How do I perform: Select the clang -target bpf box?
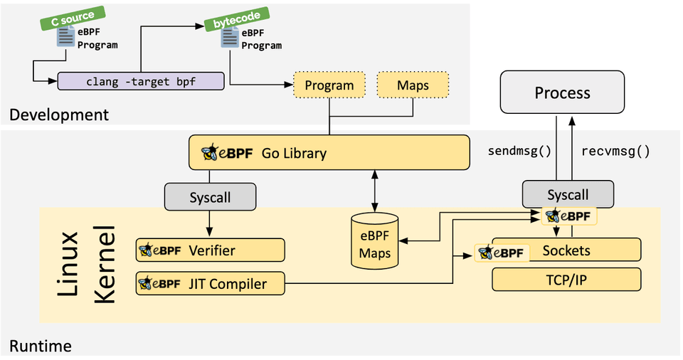pyautogui.click(x=141, y=81)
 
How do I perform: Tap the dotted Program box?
pyautogui.click(x=329, y=85)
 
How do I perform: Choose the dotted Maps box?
pyautogui.click(x=413, y=85)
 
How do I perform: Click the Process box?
pyautogui.click(x=562, y=92)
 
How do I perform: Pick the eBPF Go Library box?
pyautogui.click(x=329, y=152)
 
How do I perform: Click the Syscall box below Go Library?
pyautogui.click(x=211, y=197)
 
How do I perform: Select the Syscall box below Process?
pyautogui.click(x=568, y=194)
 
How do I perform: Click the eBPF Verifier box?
pyautogui.click(x=211, y=250)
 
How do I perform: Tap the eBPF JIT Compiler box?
pyautogui.click(x=211, y=283)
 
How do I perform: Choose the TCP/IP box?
pyautogui.click(x=566, y=280)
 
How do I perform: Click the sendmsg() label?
pyautogui.click(x=520, y=151)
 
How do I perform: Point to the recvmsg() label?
pyautogui.click(x=615, y=151)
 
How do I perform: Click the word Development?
pyautogui.click(x=59, y=114)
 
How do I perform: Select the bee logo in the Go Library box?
pyautogui.click(x=211, y=152)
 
